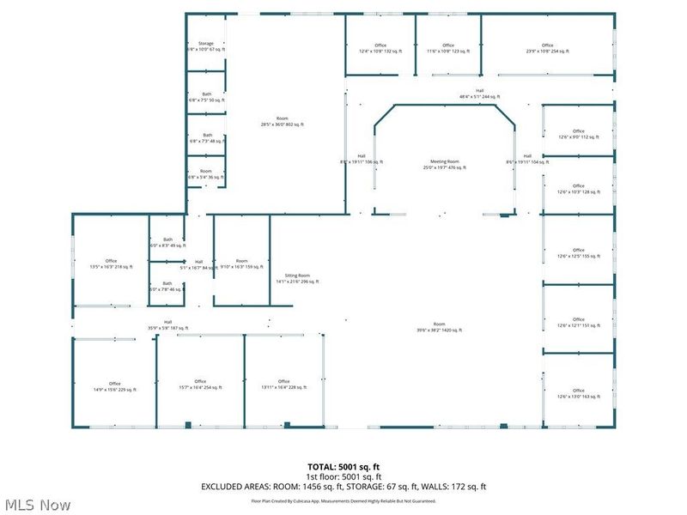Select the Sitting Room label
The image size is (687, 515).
pos(297,278)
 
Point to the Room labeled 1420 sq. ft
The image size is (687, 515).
pos(440,326)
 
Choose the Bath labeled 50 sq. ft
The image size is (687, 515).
pos(206,97)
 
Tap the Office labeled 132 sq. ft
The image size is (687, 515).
pos(380,48)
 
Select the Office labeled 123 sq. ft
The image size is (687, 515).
pos(447,48)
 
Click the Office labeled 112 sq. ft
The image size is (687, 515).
pos(578,133)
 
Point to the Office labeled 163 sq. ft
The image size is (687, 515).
pos(578,393)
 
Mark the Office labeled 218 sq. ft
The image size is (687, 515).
pos(111,264)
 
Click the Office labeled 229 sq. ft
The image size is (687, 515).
pos(114,386)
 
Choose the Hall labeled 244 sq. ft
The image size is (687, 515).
pos(479,94)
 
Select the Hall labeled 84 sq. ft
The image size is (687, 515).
pos(198,264)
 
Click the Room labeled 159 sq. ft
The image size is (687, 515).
pos(242,264)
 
